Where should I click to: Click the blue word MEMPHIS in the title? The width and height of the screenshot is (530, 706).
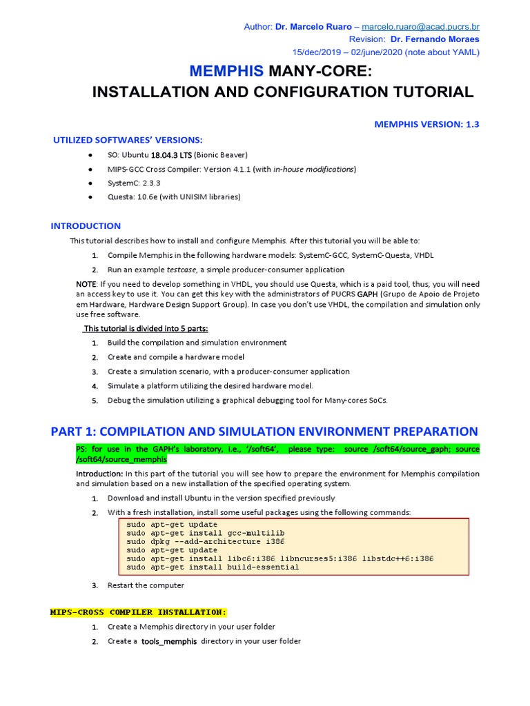[x=226, y=71]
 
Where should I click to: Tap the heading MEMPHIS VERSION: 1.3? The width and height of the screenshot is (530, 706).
[x=426, y=124]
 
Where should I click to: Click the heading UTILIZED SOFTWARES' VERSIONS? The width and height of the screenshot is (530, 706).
[x=128, y=141]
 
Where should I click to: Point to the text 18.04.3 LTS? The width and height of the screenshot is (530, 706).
[x=171, y=154]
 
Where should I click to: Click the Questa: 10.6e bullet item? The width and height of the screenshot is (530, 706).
[x=174, y=197]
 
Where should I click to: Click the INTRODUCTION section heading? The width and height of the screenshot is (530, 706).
[x=86, y=226]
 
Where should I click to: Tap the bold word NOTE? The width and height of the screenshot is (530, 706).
[x=86, y=284]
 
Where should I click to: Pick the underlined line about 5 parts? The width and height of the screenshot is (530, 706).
[x=146, y=327]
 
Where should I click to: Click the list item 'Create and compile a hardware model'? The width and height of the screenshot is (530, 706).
[x=176, y=357]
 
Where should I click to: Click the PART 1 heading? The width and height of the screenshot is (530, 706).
[x=264, y=432]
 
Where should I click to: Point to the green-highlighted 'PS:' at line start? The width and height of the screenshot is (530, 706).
[x=81, y=450]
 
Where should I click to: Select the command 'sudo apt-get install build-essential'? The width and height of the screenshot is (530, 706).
[x=213, y=567]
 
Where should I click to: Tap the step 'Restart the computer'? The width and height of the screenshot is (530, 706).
[x=146, y=585]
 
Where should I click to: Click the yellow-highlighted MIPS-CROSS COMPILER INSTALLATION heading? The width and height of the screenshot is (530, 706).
[x=138, y=612]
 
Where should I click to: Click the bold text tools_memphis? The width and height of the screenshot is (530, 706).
[x=170, y=641]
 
